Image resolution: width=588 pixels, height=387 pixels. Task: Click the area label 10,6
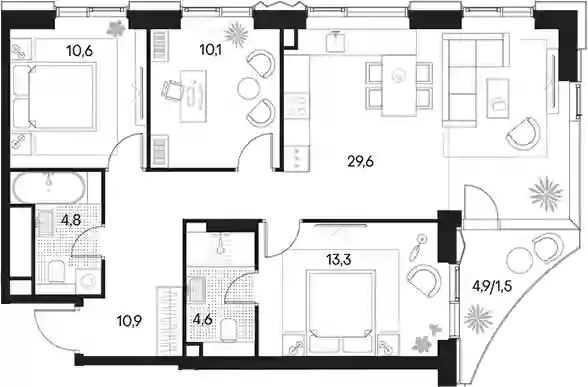[x=79, y=50]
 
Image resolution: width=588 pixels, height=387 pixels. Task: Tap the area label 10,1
[x=210, y=50]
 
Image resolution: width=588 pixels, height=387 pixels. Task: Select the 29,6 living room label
[x=362, y=163]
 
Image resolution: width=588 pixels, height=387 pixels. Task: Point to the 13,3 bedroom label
[x=338, y=260]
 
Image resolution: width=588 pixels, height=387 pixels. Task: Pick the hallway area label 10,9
[x=130, y=321]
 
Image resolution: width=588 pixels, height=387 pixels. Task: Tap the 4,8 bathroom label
[x=71, y=220]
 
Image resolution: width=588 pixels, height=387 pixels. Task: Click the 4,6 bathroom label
[x=202, y=321]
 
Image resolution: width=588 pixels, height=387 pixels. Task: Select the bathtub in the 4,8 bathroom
[x=49, y=187]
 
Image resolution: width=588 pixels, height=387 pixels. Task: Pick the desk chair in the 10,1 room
[x=171, y=91]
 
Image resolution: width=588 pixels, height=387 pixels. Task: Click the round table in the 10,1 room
[x=248, y=89]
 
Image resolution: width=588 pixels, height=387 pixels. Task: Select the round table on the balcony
[x=518, y=260]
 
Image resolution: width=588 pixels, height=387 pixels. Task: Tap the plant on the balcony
[x=477, y=318]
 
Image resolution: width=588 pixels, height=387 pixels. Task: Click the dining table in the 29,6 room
[x=399, y=86]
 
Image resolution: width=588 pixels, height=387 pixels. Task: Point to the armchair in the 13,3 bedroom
[x=424, y=279]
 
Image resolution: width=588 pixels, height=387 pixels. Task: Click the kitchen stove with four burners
[x=297, y=106]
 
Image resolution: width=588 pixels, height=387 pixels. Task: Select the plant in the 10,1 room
[x=237, y=35]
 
